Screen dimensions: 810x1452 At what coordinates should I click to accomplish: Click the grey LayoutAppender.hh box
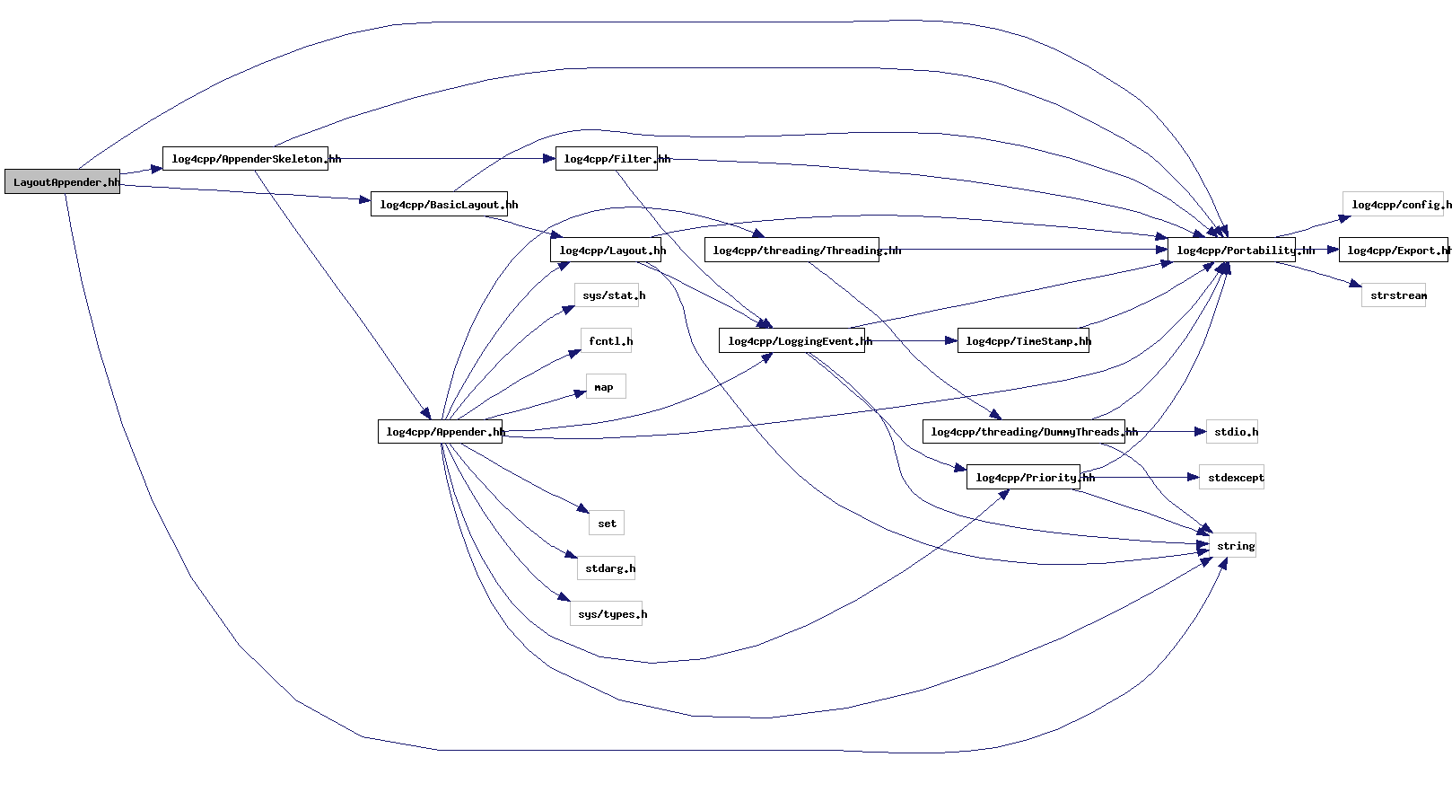click(x=62, y=181)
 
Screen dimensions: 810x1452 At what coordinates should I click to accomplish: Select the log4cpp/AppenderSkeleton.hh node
click(x=245, y=159)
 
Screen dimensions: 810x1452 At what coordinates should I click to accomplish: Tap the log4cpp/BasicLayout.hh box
click(x=439, y=205)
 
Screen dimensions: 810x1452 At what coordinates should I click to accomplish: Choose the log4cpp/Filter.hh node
click(x=606, y=159)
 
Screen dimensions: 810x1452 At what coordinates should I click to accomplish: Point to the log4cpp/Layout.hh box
click(x=606, y=251)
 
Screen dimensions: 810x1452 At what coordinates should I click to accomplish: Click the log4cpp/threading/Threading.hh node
click(x=791, y=251)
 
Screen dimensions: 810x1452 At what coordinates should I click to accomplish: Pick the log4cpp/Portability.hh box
click(x=1231, y=251)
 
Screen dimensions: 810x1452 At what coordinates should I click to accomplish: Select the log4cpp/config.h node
click(x=1393, y=205)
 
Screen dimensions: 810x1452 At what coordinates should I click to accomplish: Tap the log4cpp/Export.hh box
click(x=1393, y=251)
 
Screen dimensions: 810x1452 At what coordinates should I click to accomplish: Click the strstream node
click(x=1393, y=295)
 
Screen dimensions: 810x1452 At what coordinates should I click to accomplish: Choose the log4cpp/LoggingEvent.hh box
click(x=792, y=341)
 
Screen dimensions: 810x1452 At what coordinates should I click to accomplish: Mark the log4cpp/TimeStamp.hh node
click(x=1023, y=341)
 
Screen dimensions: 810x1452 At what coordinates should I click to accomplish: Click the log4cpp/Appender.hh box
click(x=440, y=432)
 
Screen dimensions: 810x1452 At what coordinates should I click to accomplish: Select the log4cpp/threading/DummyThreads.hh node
click(x=1023, y=432)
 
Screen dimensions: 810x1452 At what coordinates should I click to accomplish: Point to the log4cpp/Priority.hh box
click(x=1023, y=478)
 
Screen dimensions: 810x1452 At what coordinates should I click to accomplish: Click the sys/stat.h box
click(x=607, y=295)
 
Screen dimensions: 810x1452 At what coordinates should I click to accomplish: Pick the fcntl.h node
click(x=607, y=341)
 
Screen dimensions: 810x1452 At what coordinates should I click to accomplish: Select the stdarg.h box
click(x=607, y=568)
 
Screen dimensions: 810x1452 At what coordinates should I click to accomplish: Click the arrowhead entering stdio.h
click(x=1201, y=432)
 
